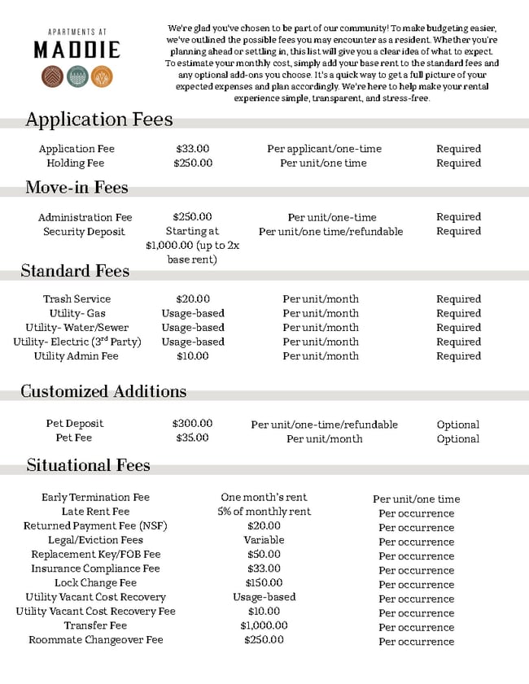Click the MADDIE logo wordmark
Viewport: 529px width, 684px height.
(77, 50)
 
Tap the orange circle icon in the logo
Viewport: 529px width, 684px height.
(102, 76)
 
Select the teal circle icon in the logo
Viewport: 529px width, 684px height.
(77, 76)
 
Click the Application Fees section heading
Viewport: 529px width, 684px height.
(99, 120)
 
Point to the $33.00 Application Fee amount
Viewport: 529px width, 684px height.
(193, 149)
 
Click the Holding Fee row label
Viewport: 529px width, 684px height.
(76, 163)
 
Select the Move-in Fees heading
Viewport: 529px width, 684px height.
(77, 187)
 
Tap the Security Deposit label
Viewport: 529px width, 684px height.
(85, 232)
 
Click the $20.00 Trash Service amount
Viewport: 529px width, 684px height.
(193, 299)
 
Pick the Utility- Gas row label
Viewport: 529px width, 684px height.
(77, 313)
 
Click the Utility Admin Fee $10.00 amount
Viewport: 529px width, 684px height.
(193, 356)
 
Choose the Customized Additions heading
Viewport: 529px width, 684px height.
(103, 391)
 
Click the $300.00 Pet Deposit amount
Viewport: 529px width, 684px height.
(193, 424)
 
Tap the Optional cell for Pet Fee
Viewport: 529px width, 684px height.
(458, 439)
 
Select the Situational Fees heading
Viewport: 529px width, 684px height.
(88, 465)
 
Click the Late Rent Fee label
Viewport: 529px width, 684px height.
(95, 512)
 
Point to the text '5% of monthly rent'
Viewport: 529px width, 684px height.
(264, 512)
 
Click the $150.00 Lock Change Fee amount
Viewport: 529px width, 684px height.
(264, 583)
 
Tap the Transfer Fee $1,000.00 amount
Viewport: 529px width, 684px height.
(264, 625)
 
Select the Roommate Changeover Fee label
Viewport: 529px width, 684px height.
(95, 640)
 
